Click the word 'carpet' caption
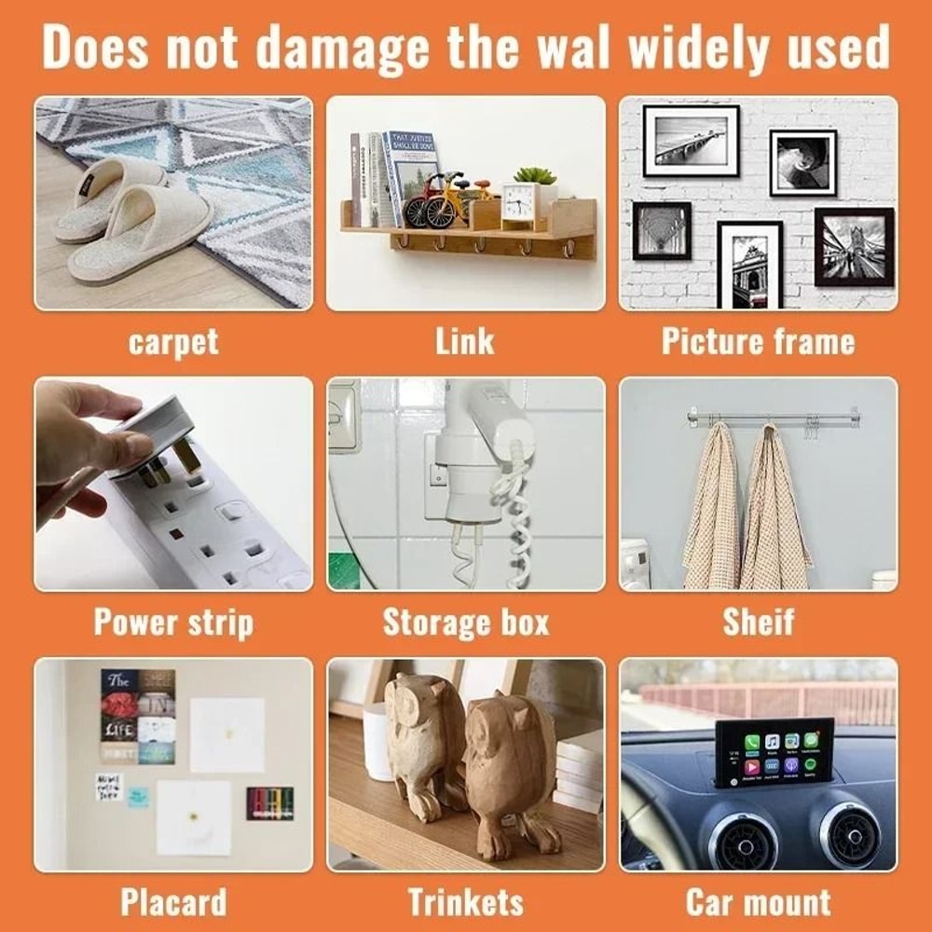(x=173, y=342)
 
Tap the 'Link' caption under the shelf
(x=464, y=342)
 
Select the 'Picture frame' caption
(x=758, y=342)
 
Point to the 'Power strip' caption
(x=173, y=623)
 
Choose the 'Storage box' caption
(x=465, y=623)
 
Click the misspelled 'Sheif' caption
(x=759, y=623)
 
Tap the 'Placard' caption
(x=173, y=902)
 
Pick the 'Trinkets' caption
(x=465, y=902)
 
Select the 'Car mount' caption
(x=758, y=902)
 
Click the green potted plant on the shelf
(x=535, y=176)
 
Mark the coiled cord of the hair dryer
(x=516, y=522)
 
